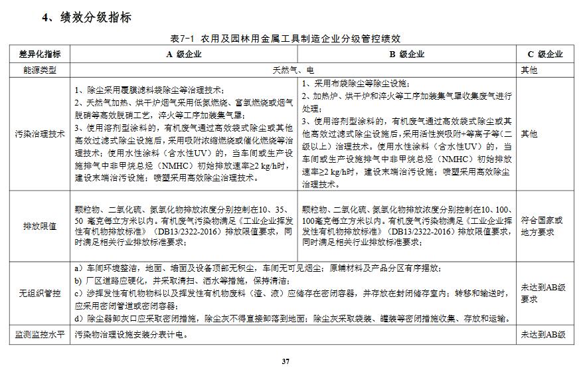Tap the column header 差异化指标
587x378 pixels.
(x=40, y=54)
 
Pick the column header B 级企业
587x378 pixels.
(x=406, y=54)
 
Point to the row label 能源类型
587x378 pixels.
(x=40, y=69)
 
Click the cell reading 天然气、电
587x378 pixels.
(x=293, y=69)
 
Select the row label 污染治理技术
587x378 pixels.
(x=40, y=134)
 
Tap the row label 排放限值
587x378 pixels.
(x=40, y=226)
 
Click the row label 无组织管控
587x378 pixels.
(x=40, y=293)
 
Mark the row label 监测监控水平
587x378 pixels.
(x=40, y=335)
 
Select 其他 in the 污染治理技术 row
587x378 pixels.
(x=529, y=134)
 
